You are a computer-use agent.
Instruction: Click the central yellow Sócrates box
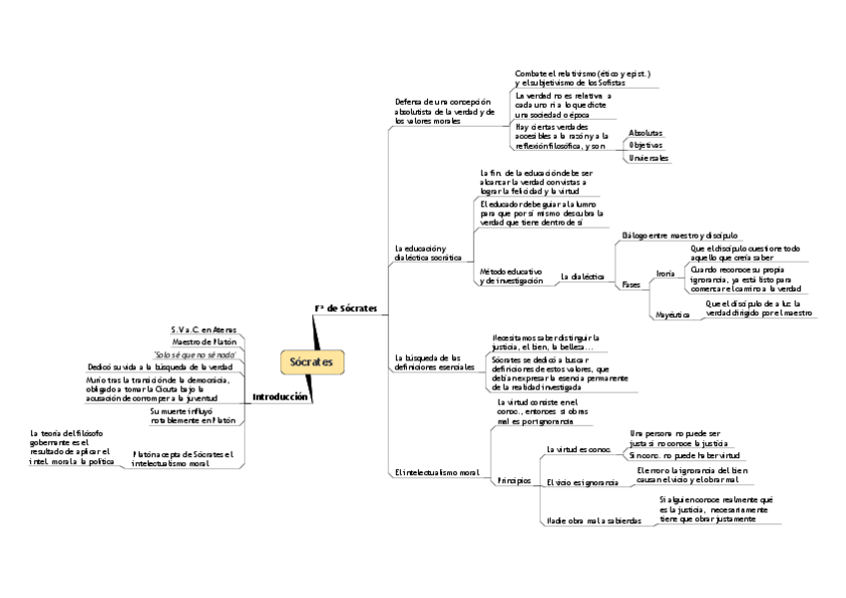310,360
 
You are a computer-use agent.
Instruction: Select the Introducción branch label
279,396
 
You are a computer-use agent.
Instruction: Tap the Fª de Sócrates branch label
345,308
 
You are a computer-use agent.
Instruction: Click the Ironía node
664,274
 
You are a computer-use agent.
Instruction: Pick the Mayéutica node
671,314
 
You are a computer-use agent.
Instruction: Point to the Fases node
631,285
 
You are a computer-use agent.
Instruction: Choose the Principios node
514,481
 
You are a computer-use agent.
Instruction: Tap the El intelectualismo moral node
436,472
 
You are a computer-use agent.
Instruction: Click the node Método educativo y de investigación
511,277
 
